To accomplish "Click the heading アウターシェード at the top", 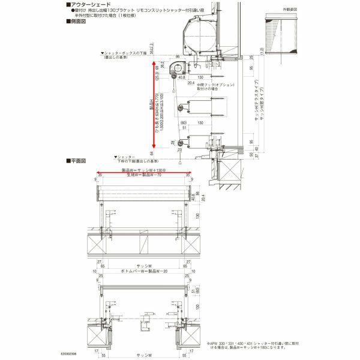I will pos(91,4).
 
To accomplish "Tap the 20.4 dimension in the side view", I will pos(191,83).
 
